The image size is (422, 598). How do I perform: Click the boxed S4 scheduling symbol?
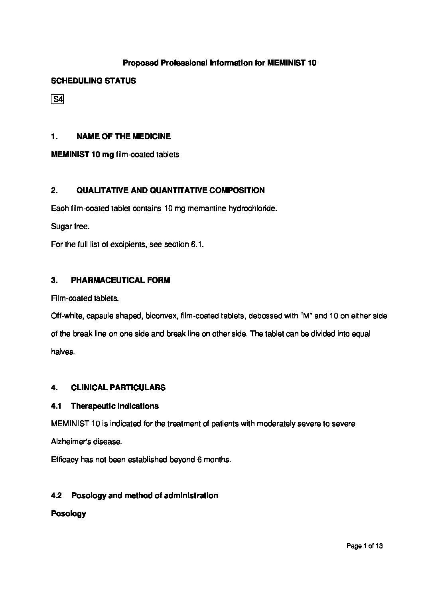pyautogui.click(x=58, y=99)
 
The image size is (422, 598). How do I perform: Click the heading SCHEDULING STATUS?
pyautogui.click(x=93, y=81)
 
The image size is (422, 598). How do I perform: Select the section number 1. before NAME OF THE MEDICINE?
pyautogui.click(x=55, y=136)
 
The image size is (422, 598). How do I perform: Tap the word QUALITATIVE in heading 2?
pyautogui.click(x=101, y=190)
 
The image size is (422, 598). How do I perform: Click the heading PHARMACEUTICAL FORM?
pyautogui.click(x=120, y=280)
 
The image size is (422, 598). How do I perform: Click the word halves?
pyautogui.click(x=63, y=352)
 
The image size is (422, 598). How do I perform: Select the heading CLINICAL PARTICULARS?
pyautogui.click(x=118, y=387)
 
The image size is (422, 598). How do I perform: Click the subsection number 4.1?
pyautogui.click(x=56, y=406)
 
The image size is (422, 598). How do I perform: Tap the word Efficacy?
pyautogui.click(x=65, y=459)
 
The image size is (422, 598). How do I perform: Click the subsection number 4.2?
pyautogui.click(x=56, y=495)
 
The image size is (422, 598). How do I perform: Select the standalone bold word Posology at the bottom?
pyautogui.click(x=69, y=514)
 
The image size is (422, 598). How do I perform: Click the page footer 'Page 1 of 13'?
pyautogui.click(x=365, y=546)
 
